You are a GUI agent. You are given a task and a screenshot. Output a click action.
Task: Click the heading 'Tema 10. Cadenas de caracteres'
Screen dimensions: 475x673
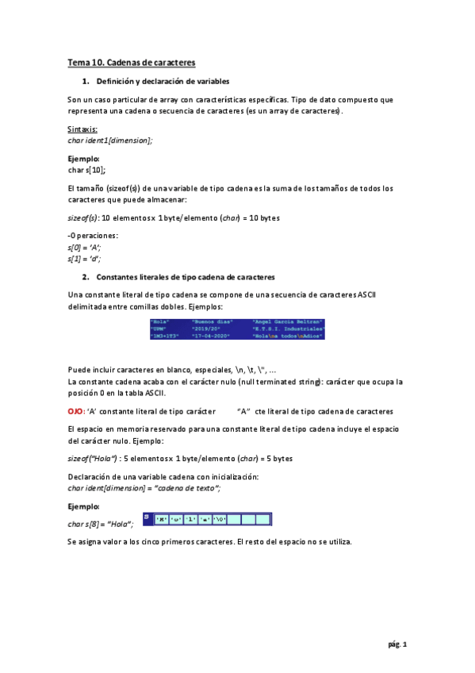[131, 62]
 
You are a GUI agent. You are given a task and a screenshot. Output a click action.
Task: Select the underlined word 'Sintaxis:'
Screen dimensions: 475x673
[82, 129]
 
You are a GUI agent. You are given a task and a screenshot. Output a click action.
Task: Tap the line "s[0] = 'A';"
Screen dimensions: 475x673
[85, 248]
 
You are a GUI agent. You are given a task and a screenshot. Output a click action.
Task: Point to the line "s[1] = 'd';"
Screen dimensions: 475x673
[85, 258]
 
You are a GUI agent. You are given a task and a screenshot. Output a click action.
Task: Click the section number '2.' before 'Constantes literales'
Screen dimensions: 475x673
[86, 277]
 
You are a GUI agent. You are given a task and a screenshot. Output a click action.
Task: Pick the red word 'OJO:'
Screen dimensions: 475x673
[77, 411]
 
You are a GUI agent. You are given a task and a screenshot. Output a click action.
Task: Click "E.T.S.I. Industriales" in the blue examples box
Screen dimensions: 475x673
[288, 329]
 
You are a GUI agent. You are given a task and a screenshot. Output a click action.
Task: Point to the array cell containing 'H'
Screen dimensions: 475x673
[162, 520]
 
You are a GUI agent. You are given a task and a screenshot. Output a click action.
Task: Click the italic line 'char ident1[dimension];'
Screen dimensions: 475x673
[110, 140]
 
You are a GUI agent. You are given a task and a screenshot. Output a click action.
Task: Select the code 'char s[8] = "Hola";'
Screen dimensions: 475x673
[101, 523]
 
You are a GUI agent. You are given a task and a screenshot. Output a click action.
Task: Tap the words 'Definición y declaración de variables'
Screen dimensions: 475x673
[163, 82]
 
